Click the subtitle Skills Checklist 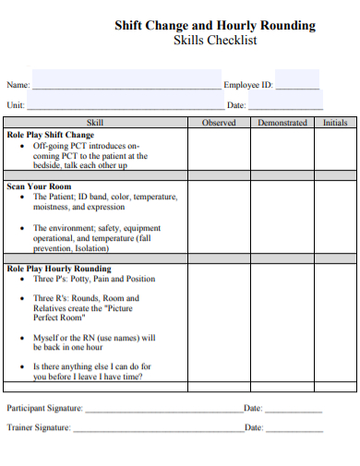(215, 42)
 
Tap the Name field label (18, 85)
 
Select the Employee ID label (248, 85)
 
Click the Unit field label (16, 105)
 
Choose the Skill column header (95, 123)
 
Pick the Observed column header (218, 123)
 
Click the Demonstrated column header (282, 123)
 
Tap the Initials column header (336, 123)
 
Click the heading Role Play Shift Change (51, 135)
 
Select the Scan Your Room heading (39, 186)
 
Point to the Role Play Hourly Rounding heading (58, 269)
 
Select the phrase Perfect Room (59, 318)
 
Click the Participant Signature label (45, 408)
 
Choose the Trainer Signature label (40, 427)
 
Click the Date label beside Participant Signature (253, 408)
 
